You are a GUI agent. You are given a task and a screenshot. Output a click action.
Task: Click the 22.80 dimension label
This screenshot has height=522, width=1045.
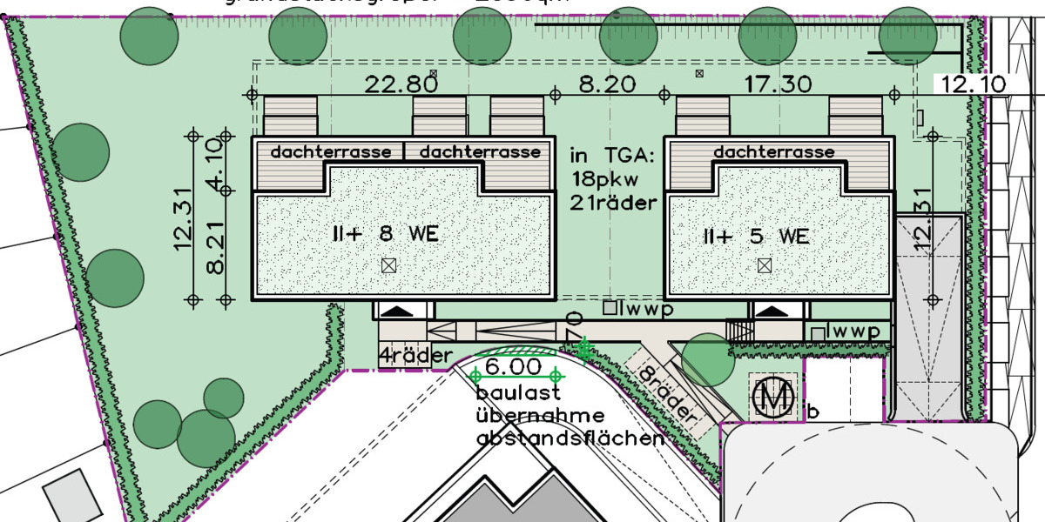point(401,84)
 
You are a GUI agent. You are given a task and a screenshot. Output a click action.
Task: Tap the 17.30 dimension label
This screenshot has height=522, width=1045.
point(779,84)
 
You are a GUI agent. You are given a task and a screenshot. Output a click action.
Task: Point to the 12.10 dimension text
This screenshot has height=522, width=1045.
point(971,84)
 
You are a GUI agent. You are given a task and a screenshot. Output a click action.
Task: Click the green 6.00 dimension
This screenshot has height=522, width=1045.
point(513,367)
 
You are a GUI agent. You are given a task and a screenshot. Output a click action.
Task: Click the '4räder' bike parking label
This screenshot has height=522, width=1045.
point(415,355)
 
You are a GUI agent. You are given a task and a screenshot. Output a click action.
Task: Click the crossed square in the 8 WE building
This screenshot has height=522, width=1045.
point(388,265)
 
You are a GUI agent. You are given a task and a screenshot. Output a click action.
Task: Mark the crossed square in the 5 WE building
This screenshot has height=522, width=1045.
point(764,264)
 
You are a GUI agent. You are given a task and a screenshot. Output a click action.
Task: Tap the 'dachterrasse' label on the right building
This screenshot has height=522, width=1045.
point(773,152)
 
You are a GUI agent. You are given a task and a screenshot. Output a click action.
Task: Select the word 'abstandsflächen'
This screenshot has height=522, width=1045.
point(570,438)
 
